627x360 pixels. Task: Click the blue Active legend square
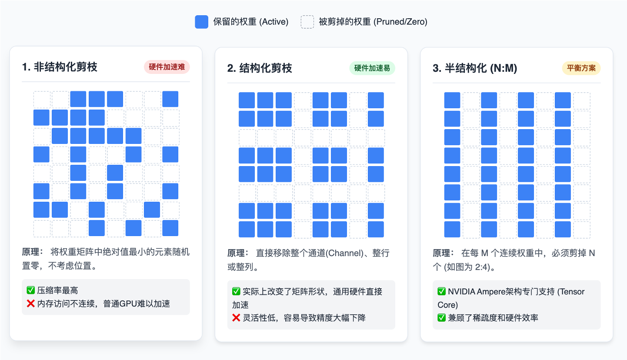click(x=201, y=22)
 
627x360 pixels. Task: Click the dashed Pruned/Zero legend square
click(x=307, y=22)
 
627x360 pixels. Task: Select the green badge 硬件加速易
click(x=372, y=68)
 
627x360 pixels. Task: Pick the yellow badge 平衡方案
click(x=581, y=68)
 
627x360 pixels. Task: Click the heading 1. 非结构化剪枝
click(x=60, y=67)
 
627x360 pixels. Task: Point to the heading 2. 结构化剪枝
click(x=260, y=68)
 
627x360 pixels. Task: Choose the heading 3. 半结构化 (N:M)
click(x=475, y=68)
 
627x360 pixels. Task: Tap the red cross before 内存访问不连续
click(x=30, y=303)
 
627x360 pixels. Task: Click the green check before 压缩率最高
click(x=30, y=290)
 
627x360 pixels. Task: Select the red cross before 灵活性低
click(x=236, y=318)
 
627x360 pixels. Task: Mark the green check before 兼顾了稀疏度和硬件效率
click(x=441, y=318)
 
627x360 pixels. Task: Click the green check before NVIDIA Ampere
click(x=441, y=291)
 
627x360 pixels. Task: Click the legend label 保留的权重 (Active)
click(x=250, y=22)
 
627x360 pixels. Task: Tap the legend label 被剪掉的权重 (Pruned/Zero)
click(x=373, y=22)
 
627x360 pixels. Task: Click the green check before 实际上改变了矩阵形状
click(x=236, y=291)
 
